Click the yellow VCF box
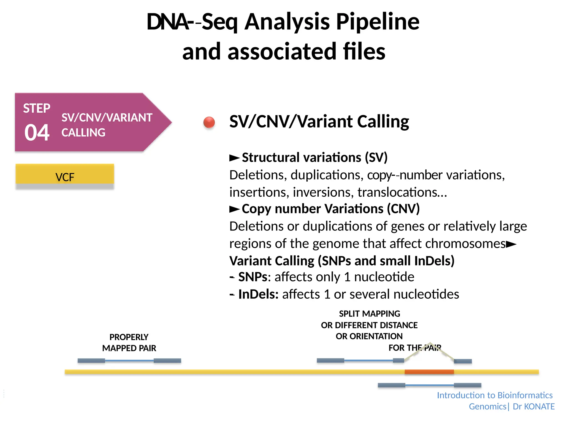65,174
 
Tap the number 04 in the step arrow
37,133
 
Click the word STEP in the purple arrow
37,108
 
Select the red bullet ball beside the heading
209,122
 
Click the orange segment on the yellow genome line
429,372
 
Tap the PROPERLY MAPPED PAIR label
129,343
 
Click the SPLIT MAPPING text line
369,314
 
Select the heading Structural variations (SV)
315,158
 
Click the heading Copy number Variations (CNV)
331,209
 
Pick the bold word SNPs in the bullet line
253,277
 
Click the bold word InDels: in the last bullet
258,294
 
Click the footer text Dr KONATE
534,407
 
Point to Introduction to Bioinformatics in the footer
495,395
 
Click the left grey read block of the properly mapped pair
91,361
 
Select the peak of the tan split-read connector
430,343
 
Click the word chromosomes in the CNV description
465,244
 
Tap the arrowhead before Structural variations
234,158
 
